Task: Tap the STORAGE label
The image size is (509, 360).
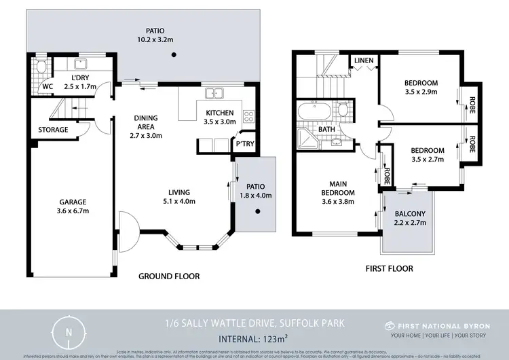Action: (x=53, y=130)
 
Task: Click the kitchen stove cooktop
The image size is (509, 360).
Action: (x=249, y=115)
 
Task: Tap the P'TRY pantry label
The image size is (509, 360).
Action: (x=244, y=144)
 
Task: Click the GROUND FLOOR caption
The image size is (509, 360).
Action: (x=168, y=276)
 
